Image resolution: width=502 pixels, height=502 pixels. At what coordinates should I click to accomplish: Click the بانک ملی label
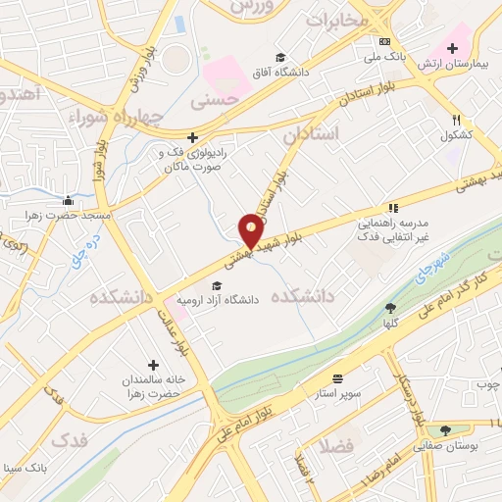pos(387,57)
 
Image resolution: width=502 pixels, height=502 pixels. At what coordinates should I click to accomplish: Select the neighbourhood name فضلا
pos(343,447)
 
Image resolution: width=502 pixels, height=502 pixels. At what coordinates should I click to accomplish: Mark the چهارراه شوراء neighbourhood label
pos(114,118)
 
